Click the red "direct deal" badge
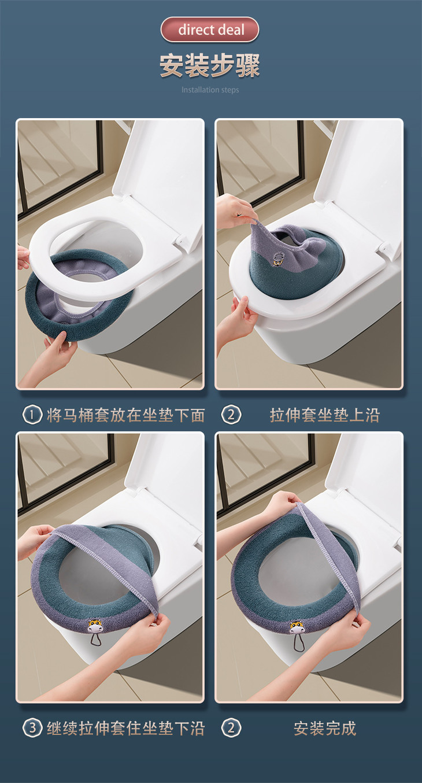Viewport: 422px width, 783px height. click(210, 29)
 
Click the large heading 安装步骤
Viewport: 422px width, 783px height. click(210, 65)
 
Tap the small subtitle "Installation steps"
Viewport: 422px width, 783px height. click(210, 90)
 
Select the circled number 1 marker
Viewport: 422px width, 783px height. click(32, 415)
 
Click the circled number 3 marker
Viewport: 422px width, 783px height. click(32, 728)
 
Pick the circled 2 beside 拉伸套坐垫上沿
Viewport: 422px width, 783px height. click(231, 415)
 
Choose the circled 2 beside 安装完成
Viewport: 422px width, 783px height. click(231, 728)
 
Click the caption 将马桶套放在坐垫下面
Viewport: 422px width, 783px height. click(126, 415)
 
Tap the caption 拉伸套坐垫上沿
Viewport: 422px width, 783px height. click(324, 415)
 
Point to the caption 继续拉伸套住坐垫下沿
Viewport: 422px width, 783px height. click(126, 728)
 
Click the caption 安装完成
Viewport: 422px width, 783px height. click(324, 728)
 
